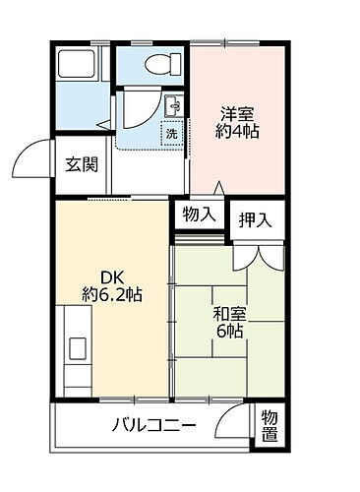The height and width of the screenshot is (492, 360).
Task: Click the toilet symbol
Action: point(157,64)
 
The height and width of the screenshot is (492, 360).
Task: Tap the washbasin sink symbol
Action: point(173,105)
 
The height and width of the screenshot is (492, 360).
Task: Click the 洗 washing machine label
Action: point(171,132)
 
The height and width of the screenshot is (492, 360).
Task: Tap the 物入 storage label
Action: point(199,215)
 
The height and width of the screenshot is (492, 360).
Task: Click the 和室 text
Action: point(228,315)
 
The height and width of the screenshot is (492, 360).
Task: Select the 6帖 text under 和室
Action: point(229,334)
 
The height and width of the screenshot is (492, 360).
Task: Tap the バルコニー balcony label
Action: point(152,426)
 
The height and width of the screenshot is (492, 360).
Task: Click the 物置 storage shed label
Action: point(270,426)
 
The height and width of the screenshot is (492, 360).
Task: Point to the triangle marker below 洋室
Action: point(218,189)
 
